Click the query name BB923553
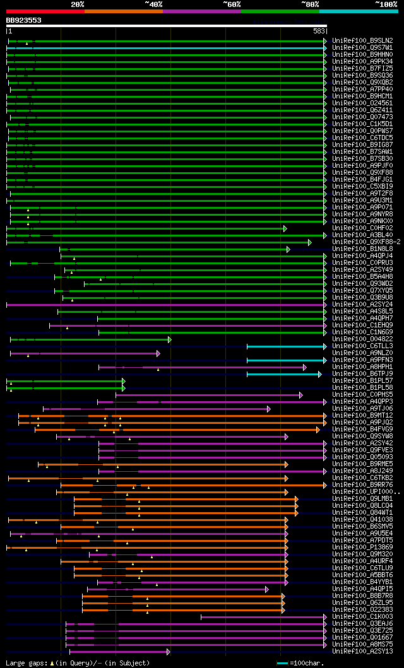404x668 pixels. (24, 20)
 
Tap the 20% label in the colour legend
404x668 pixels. (78, 4)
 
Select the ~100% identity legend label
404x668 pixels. (386, 4)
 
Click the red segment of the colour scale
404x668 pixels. (44, 11)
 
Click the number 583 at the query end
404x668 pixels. (319, 31)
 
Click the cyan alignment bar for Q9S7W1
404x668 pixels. (177, 47)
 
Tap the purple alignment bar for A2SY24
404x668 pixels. (164, 304)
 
